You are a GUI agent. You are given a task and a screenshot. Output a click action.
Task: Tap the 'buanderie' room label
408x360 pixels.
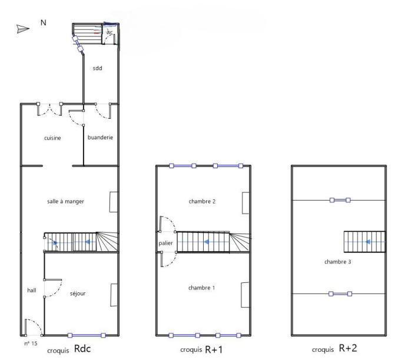pyautogui.click(x=100, y=138)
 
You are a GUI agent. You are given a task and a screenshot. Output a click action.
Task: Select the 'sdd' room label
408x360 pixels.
pyautogui.click(x=97, y=68)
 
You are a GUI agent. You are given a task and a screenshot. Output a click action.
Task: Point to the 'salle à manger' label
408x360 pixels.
pyautogui.click(x=65, y=201)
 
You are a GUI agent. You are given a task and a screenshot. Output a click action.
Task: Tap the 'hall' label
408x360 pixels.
pyautogui.click(x=32, y=290)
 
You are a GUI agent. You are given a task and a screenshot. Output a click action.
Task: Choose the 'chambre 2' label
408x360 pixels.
pyautogui.click(x=202, y=201)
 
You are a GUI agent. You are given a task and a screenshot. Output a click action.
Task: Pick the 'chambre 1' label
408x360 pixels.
pyautogui.click(x=201, y=288)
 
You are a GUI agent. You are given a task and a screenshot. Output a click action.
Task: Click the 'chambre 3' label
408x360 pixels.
pyautogui.click(x=337, y=261)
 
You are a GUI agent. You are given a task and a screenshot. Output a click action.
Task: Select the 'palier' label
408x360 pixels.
pyautogui.click(x=165, y=243)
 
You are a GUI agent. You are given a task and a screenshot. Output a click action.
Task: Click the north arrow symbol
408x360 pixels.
pyautogui.click(x=22, y=28)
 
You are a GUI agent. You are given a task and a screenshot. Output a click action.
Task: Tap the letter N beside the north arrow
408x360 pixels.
pyautogui.click(x=43, y=22)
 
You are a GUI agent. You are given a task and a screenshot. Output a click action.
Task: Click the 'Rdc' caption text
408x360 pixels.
pyautogui.click(x=82, y=348)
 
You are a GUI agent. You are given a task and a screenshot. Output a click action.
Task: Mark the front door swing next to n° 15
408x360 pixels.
pyautogui.click(x=32, y=326)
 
